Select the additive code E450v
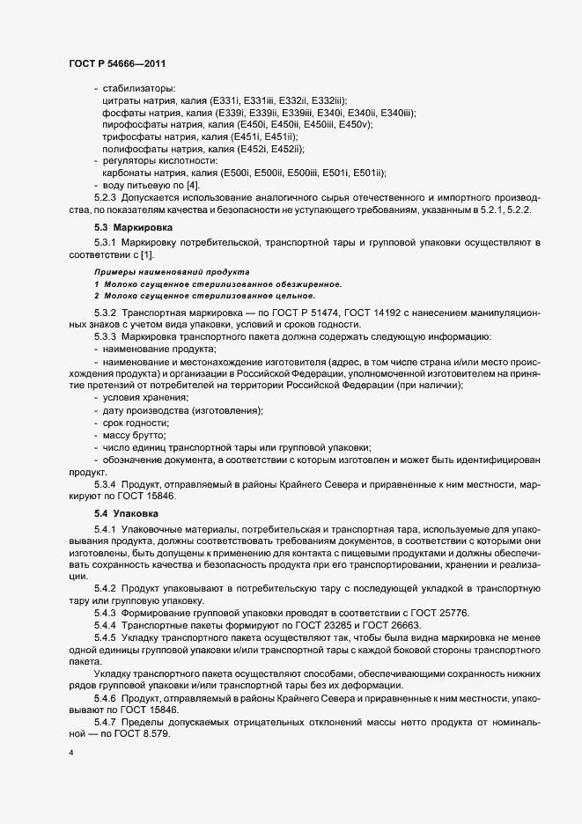click(357, 125)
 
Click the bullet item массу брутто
click(134, 436)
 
